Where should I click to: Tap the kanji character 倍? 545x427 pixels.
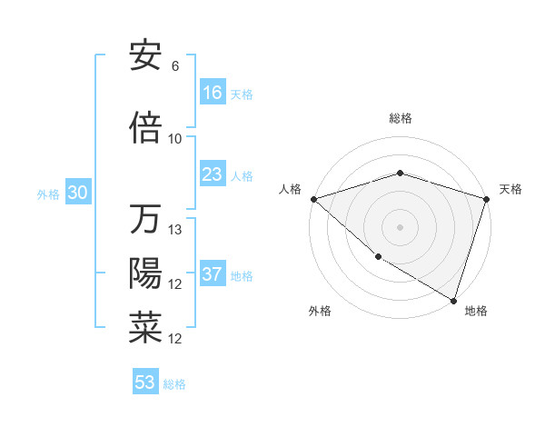click(x=145, y=128)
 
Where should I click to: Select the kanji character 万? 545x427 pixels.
click(x=145, y=220)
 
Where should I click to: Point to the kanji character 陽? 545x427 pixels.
click(x=145, y=273)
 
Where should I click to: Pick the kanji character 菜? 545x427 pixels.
click(x=145, y=328)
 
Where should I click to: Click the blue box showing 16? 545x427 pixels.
click(x=213, y=93)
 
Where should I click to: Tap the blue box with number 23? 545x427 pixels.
click(x=213, y=174)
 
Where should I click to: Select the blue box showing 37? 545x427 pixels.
click(x=213, y=274)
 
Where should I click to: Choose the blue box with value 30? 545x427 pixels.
click(x=77, y=193)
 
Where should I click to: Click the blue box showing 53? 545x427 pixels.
click(x=145, y=382)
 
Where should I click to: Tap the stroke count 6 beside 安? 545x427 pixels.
click(x=175, y=66)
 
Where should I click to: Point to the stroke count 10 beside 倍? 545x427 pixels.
click(x=175, y=138)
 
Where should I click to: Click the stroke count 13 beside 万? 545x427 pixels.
click(x=176, y=230)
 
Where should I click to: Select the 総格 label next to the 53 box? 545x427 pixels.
click(x=175, y=384)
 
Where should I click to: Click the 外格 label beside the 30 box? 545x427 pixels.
click(x=48, y=194)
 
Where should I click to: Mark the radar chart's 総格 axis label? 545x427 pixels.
click(x=400, y=118)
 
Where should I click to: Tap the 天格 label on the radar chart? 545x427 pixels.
click(x=511, y=189)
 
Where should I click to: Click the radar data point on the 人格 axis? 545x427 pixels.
click(x=313, y=199)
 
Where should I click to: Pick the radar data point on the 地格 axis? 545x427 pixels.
click(x=453, y=300)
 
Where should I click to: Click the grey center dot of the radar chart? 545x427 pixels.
click(x=400, y=226)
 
